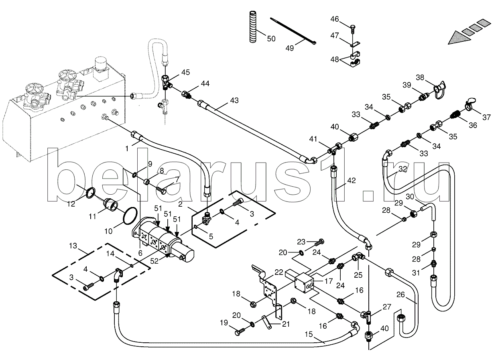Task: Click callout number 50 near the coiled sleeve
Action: [x=271, y=39]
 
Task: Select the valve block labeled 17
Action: [x=303, y=283]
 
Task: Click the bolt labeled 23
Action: [x=319, y=243]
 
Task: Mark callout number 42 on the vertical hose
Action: [x=351, y=181]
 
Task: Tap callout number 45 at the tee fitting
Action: [x=185, y=72]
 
